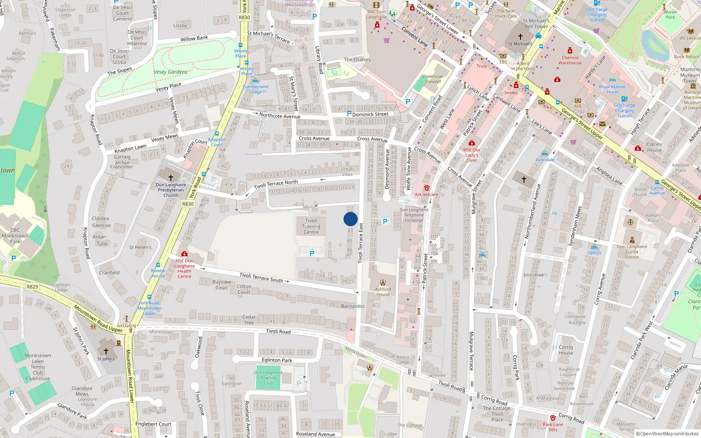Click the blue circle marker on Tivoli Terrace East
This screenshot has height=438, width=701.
tap(350, 219)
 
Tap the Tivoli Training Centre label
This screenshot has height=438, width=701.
tap(311, 226)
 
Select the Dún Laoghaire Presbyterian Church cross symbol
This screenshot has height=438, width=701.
tap(171, 177)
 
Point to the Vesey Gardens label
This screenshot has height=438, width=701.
tap(170, 72)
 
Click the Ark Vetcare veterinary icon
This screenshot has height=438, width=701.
tap(426, 187)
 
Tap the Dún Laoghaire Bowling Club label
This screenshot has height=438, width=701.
tap(268, 378)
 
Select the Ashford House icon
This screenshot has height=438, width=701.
tap(383, 283)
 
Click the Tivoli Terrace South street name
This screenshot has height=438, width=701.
tap(261, 277)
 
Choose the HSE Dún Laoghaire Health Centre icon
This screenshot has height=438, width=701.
tap(184, 254)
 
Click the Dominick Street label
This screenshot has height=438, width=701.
tap(370, 114)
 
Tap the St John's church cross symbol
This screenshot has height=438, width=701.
tap(106, 351)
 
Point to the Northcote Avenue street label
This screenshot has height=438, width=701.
tap(280, 116)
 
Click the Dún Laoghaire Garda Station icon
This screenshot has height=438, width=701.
tap(632, 240)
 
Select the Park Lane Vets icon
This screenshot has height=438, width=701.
tap(553, 418)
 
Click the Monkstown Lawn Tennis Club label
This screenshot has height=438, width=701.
tap(38, 367)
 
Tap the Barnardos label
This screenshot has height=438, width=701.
tap(353, 306)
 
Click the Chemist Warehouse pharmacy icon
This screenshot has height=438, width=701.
tap(570, 51)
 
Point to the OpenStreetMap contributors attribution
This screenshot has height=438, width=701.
tap(667, 434)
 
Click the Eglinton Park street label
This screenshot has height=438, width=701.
tap(277, 360)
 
